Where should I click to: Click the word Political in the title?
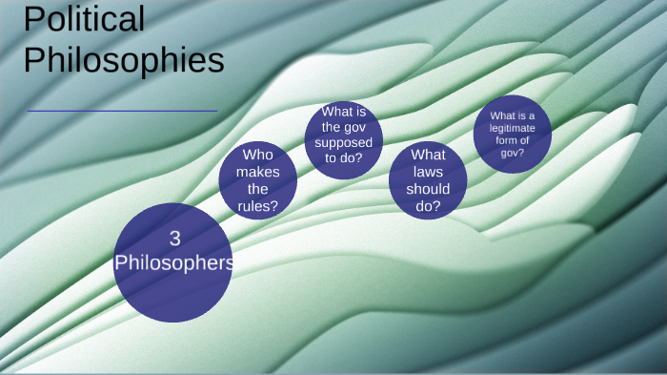84,19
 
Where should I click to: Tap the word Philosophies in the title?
124,59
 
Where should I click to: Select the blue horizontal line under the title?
122,112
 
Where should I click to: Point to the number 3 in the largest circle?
173,240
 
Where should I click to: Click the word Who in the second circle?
257,154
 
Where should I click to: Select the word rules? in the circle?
257,205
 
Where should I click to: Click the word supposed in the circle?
344,142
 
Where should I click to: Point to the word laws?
428,172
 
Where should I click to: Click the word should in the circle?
428,189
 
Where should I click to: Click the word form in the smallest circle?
506,140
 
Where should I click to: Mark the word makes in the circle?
257,171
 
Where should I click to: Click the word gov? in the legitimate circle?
513,153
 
